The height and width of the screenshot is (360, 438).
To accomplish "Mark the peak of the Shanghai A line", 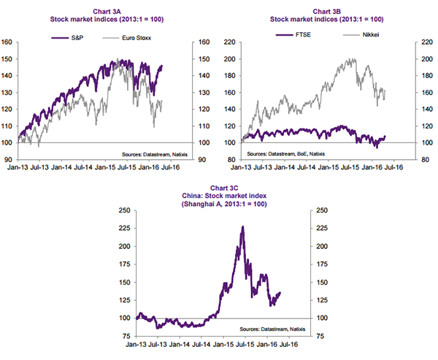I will [x=242, y=226].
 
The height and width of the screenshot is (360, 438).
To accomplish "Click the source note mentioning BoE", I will [x=287, y=154].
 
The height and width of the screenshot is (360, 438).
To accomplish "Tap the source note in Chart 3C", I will [x=272, y=329].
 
